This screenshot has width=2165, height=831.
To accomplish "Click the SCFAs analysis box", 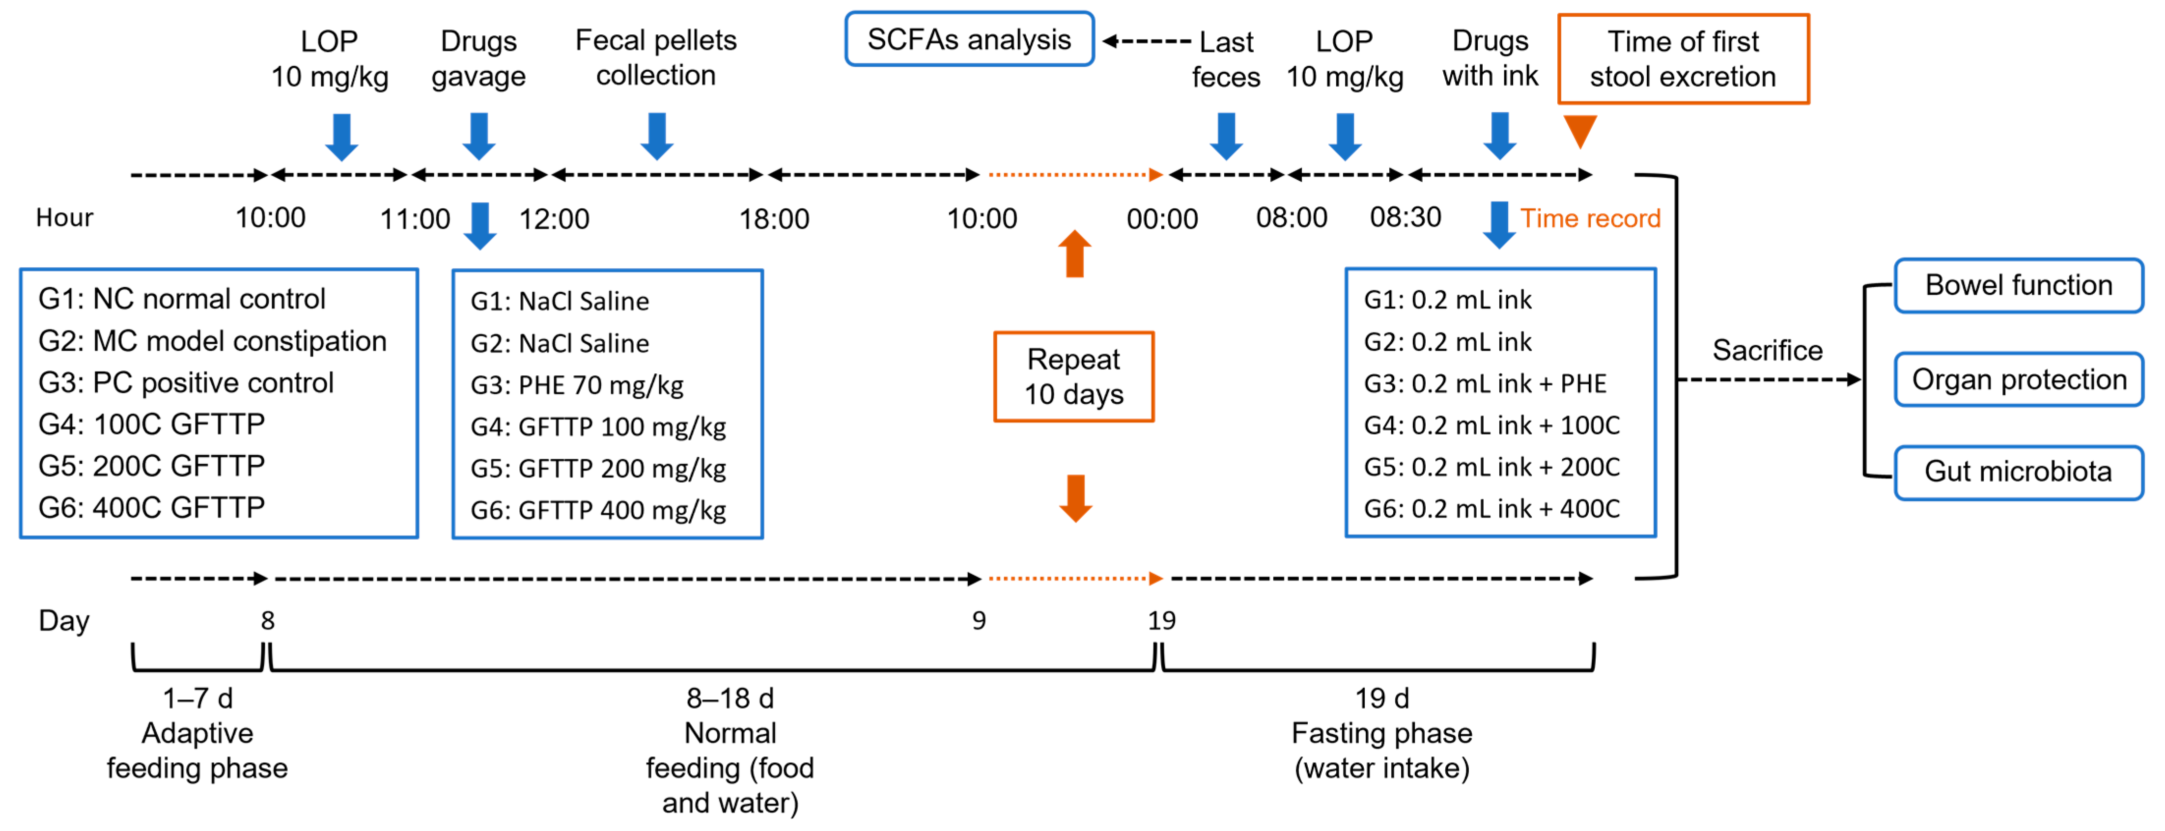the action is [969, 39].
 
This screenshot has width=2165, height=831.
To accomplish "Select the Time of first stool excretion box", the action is [1683, 59].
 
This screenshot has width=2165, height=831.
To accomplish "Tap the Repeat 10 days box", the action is [1073, 376].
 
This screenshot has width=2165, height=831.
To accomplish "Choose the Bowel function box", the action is [2019, 286].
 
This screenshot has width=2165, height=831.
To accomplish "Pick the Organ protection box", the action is [2019, 380].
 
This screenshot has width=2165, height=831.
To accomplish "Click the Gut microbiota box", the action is [2019, 472].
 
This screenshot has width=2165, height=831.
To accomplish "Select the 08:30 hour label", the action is [1405, 218].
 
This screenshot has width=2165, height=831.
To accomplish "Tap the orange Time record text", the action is [1590, 219].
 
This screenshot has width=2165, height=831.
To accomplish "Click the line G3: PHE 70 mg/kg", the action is [577, 386].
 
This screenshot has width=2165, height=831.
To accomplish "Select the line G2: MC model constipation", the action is [213, 341].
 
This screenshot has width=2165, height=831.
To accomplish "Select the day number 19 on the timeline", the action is [1161, 621].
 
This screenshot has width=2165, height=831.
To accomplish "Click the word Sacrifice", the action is [1768, 350].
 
